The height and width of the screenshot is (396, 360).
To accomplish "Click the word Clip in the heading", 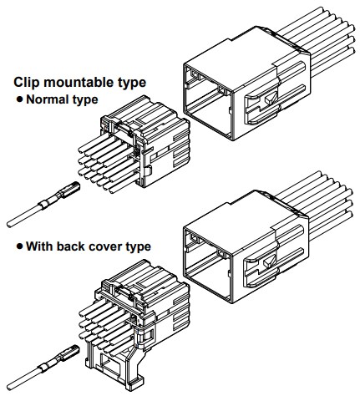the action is point(27,82).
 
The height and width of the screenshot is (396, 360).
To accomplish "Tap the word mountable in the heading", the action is point(79,82).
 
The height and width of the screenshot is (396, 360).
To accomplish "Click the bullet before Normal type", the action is point(19,99).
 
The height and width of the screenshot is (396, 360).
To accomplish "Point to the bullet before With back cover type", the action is point(19,246).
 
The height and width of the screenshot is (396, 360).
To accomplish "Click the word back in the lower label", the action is point(70,246).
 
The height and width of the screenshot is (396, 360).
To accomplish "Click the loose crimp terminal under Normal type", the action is point(43,204).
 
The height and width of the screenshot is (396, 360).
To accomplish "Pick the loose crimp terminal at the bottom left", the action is point(43,368).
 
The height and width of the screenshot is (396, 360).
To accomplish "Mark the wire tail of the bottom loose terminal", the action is point(23,381).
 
